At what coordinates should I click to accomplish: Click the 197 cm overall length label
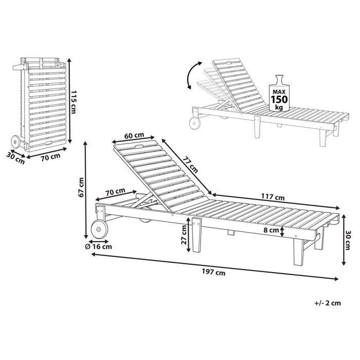coord(213,273)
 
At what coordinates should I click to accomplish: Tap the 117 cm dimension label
coord(273,197)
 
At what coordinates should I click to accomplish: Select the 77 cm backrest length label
coord(190,165)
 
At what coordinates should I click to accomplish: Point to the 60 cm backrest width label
coord(134,135)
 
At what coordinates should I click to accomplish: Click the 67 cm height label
coord(81,187)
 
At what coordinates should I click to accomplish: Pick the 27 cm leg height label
coord(184,235)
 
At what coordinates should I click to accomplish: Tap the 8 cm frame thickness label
coord(271,230)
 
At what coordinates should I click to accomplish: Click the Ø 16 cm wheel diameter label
coord(99,247)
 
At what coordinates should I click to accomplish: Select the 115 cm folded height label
coord(73,102)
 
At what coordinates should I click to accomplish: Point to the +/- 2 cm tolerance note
coord(328,303)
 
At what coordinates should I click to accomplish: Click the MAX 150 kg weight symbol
coord(279,94)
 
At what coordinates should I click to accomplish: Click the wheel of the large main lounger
coord(99,229)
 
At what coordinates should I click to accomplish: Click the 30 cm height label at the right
coord(348,240)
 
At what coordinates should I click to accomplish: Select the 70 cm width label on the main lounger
coord(115,191)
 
